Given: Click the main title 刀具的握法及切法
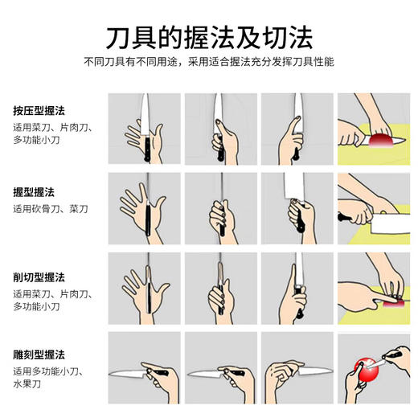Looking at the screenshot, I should tap(209, 36).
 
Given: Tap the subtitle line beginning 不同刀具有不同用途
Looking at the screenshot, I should tap(209, 62).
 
